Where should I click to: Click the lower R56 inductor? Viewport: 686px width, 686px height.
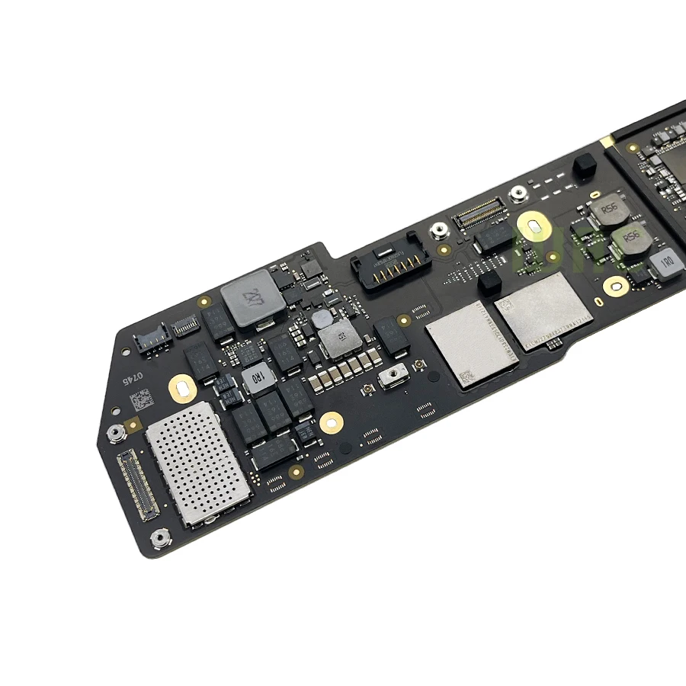[x=633, y=241]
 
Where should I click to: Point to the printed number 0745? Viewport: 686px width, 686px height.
[x=134, y=378]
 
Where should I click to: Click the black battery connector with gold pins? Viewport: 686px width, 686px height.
[x=385, y=266]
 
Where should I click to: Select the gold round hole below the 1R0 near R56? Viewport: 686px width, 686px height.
[x=616, y=286]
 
